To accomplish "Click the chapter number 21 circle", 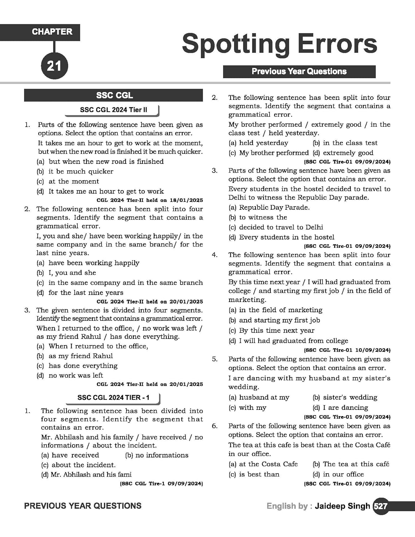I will click(54, 66).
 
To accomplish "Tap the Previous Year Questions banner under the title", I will click(299, 72).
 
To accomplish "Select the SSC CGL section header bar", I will click(114, 96).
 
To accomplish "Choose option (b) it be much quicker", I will click(81, 171).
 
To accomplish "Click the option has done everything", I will click(83, 366).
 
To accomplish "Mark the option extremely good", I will click(348, 153).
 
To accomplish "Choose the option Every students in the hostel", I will click(286, 237).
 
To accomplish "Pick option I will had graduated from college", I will click(293, 341).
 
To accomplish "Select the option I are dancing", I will click(345, 408).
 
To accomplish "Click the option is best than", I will click(259, 474).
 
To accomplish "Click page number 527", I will click(380, 506).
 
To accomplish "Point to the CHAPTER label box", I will click(52, 32).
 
